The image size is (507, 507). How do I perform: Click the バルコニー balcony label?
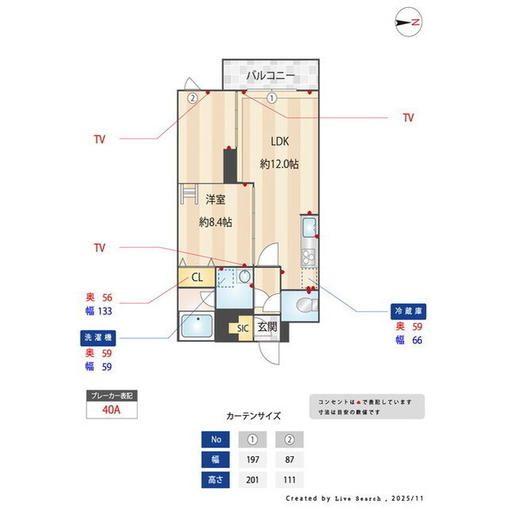point(270,76)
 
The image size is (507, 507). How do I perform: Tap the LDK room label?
point(280,142)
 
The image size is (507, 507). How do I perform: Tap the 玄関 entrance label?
point(267,326)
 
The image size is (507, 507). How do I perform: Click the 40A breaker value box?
point(111,409)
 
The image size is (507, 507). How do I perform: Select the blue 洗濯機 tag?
point(99,337)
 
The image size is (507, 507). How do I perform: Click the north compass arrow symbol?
point(407,23)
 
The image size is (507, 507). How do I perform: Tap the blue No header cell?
point(215,440)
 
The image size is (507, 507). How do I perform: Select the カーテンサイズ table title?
point(253,415)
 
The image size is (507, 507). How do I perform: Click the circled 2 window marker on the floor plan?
point(193,99)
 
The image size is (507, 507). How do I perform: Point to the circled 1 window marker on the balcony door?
point(272,99)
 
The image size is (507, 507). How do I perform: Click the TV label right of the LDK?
point(408,118)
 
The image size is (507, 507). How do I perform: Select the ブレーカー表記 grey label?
point(111,394)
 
